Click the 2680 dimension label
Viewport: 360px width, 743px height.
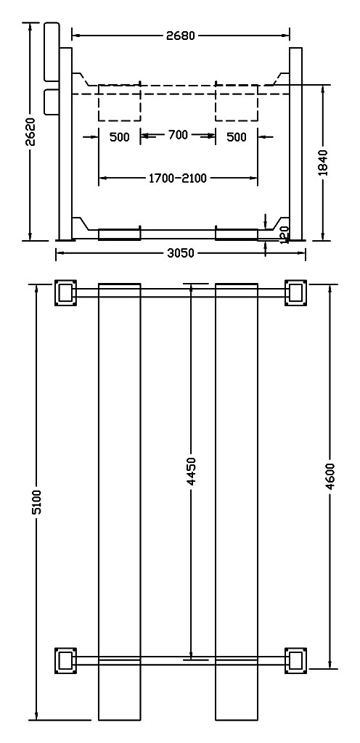point(181,36)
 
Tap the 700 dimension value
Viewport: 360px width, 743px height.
point(178,136)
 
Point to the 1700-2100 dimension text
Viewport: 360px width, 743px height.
point(178,178)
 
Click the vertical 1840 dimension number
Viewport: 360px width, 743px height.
point(323,163)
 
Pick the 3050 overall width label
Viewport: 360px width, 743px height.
point(181,253)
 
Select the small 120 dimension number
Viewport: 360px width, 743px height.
point(285,234)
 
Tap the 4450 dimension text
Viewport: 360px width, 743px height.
point(192,472)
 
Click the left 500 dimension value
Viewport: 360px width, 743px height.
point(119,137)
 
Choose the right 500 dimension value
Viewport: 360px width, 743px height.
point(237,137)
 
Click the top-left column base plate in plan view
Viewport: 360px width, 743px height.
point(65,293)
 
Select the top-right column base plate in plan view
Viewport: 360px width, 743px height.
point(295,293)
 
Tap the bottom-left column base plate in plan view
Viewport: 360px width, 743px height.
point(65,660)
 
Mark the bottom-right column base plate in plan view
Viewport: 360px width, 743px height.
point(295,660)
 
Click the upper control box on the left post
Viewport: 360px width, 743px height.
point(51,51)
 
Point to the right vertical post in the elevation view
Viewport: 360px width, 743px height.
point(295,144)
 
